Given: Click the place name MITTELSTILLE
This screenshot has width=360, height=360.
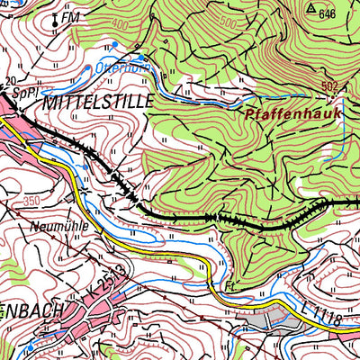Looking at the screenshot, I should point(98,99).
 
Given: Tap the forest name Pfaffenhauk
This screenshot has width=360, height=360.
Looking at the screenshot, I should point(284,115).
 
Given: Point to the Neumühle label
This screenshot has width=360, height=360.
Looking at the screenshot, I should point(59,228).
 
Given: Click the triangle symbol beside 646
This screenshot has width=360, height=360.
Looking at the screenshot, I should point(310,8).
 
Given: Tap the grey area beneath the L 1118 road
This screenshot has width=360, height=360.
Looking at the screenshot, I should point(261,319).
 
